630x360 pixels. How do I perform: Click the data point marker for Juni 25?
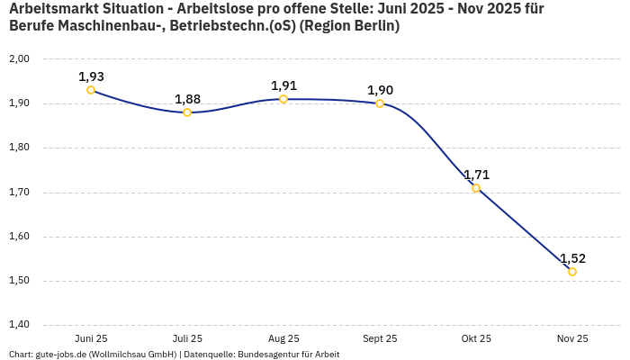(x=91, y=90)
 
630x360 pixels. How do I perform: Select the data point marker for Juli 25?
(x=187, y=112)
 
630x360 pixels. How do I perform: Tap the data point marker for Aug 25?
(x=283, y=99)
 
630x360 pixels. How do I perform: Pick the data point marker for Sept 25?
(x=380, y=103)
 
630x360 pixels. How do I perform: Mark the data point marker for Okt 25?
(x=476, y=188)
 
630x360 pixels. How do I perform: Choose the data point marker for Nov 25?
(x=572, y=272)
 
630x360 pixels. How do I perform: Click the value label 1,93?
(x=91, y=76)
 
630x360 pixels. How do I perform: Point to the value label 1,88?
(x=187, y=99)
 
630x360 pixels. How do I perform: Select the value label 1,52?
(x=572, y=258)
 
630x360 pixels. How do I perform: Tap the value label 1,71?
(x=476, y=175)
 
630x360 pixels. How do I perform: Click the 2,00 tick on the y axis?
(x=19, y=59)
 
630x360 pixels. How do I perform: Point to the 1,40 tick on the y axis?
(x=19, y=325)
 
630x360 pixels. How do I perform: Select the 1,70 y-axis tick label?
(x=19, y=193)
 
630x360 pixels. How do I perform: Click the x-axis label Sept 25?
(x=380, y=338)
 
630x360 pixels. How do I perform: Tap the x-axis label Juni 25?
(x=91, y=338)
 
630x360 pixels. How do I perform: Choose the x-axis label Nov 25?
(x=572, y=338)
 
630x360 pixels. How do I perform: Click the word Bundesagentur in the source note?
(x=267, y=355)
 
